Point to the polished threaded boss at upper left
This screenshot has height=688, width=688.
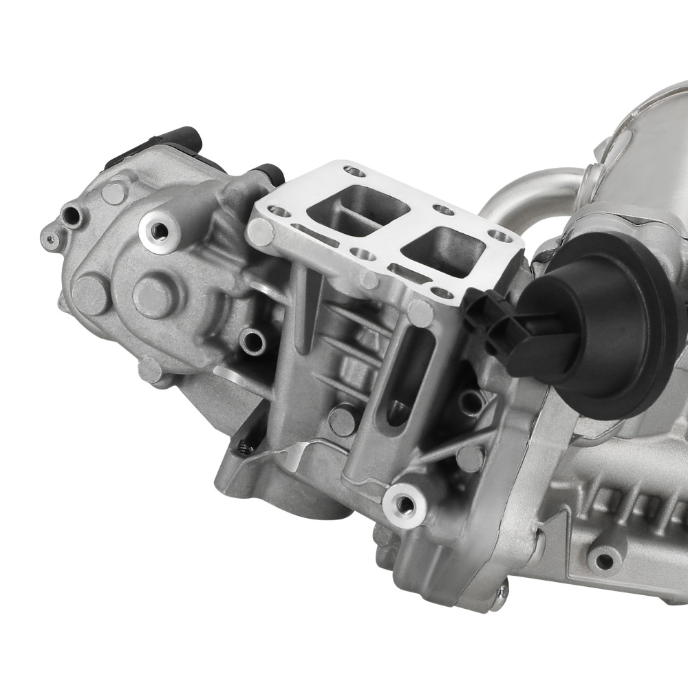coord(160,228)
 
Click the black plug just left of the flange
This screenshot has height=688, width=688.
coord(270,173)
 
